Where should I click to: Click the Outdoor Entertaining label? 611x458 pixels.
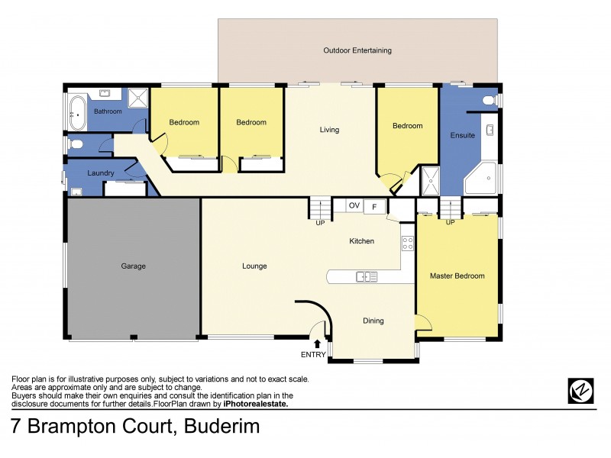[x=357, y=51]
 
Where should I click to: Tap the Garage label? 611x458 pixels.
[x=133, y=266]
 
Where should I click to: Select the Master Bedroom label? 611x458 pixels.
[x=457, y=276]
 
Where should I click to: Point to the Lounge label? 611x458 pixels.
[x=254, y=266]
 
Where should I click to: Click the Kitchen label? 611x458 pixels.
[x=361, y=241]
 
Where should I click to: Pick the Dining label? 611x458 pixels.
[x=373, y=321]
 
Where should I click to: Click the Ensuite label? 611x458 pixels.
[x=462, y=135]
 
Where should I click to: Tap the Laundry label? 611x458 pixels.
[x=101, y=173]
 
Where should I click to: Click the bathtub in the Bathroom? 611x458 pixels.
[x=78, y=112]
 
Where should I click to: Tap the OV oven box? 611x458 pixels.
[x=354, y=206]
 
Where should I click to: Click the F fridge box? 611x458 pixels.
[x=375, y=206]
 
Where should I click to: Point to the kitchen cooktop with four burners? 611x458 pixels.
[x=408, y=244]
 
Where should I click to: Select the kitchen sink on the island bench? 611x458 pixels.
[x=366, y=276]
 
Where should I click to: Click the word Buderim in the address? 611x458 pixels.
[x=222, y=427]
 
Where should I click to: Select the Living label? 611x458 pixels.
[x=329, y=130]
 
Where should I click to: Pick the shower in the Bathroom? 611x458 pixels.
[x=138, y=99]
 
